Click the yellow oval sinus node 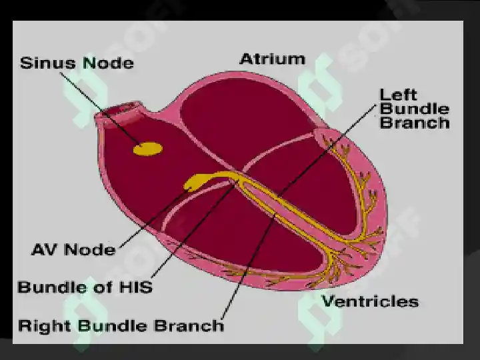pos(148,149)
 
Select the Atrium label pos(272,59)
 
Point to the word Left pos(398,95)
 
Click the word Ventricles pos(370,301)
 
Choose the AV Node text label pos(73,249)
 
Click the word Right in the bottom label pos(45,325)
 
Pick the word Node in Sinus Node pos(109,63)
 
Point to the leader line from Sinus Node pos(100,109)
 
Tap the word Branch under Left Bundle pos(415,123)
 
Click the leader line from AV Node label pos(154,218)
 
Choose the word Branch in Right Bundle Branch pos(189,325)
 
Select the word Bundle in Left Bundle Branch pos(415,109)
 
